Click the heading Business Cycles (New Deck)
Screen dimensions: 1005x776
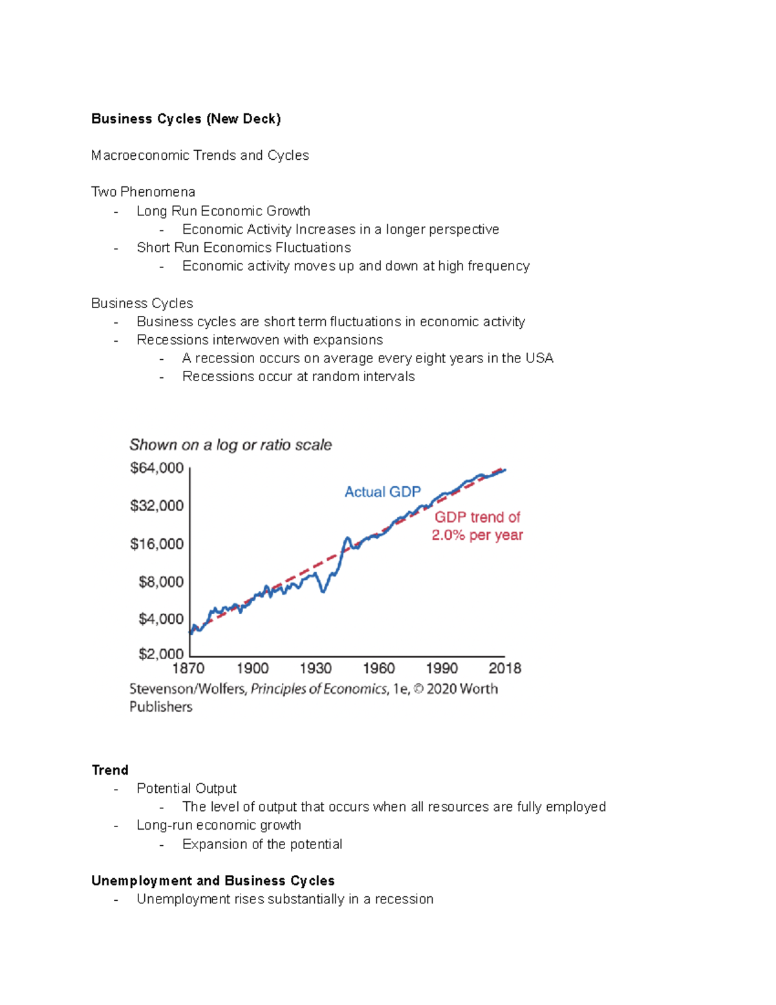tap(186, 119)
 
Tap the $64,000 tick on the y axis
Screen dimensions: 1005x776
tap(157, 468)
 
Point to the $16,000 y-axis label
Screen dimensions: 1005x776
tap(157, 544)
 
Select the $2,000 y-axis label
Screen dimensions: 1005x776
tap(161, 654)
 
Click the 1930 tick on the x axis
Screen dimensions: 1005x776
tap(316, 668)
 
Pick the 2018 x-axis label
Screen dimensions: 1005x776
tap(504, 668)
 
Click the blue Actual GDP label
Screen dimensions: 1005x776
tap(382, 492)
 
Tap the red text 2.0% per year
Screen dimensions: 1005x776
tap(477, 535)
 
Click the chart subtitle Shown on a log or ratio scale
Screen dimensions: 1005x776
tap(230, 445)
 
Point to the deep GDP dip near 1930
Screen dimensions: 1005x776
tap(324, 590)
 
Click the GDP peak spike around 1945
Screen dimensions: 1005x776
tap(347, 538)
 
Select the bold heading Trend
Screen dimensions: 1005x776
tap(110, 770)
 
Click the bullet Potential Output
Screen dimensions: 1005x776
tap(186, 788)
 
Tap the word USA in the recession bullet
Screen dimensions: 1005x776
tap(539, 358)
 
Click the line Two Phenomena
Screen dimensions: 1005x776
tap(143, 192)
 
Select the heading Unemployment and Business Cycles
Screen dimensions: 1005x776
tap(213, 881)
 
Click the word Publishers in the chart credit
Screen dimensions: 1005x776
tap(161, 707)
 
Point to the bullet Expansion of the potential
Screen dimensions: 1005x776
tap(262, 844)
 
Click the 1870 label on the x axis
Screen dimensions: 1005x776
tap(188, 668)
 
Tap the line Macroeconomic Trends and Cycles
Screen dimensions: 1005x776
tap(200, 155)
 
